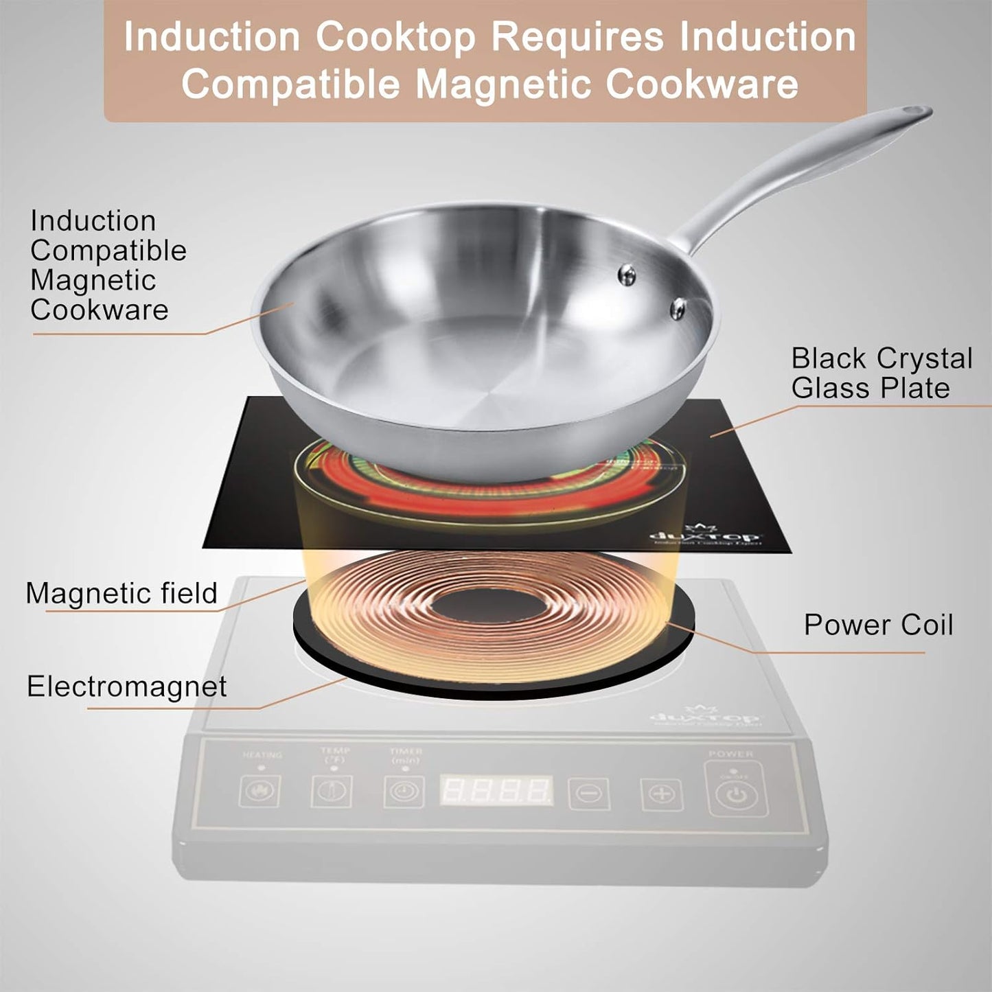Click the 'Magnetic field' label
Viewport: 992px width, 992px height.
tap(121, 593)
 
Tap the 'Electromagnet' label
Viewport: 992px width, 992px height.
tap(126, 687)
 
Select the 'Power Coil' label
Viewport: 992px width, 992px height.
tap(878, 625)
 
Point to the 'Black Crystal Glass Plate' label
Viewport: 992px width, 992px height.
tap(881, 373)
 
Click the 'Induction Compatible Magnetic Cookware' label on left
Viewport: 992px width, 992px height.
tap(108, 265)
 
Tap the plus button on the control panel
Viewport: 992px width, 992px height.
tap(661, 794)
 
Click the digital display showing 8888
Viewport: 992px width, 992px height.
tap(496, 791)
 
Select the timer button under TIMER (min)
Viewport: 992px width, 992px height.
tap(404, 792)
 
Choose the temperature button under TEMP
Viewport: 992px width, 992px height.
tap(332, 792)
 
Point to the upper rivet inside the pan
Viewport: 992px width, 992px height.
tap(626, 275)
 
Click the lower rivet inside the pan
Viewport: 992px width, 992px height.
tap(678, 308)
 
